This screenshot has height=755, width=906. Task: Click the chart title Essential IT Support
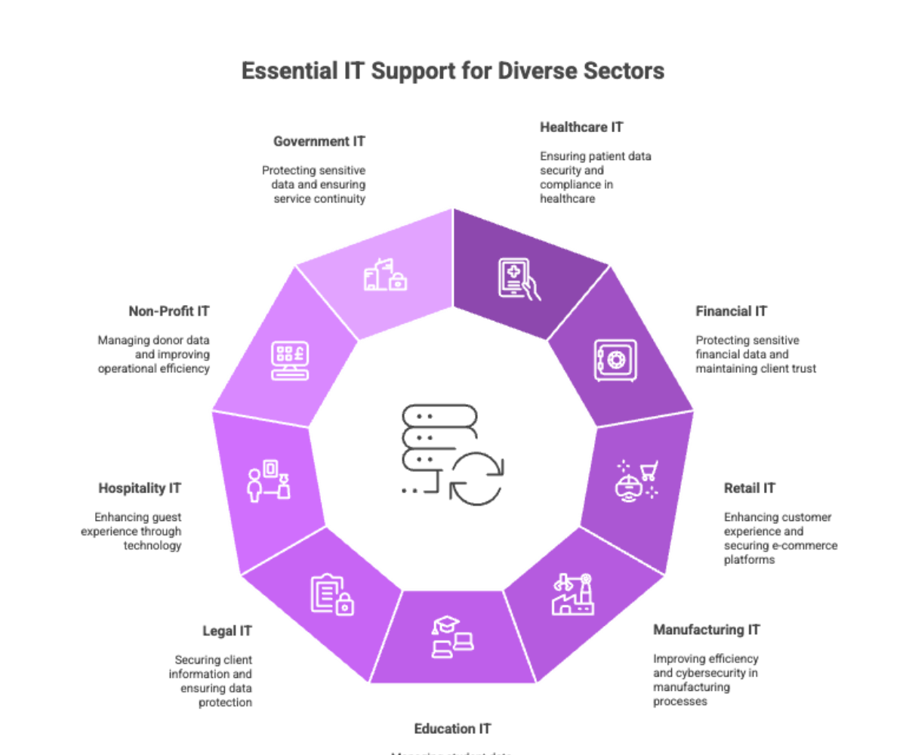click(x=452, y=71)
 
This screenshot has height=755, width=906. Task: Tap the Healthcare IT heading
click(x=581, y=127)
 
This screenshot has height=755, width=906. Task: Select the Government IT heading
click(x=319, y=141)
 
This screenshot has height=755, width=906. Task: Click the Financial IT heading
click(x=731, y=311)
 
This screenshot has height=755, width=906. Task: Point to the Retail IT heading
click(x=749, y=488)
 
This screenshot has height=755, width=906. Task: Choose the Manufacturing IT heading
click(x=706, y=629)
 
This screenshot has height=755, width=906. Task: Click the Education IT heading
click(x=452, y=729)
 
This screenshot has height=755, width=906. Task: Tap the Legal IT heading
click(x=227, y=630)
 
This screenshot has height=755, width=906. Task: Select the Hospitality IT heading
click(x=140, y=488)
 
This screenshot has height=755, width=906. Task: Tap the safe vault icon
click(x=615, y=360)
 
